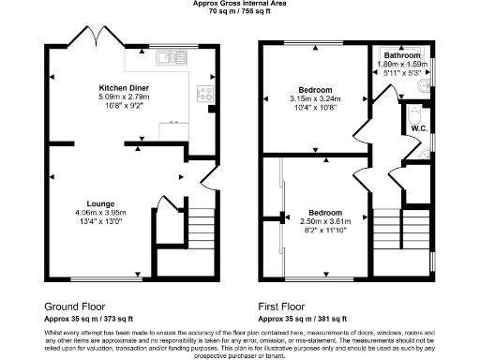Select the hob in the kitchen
pyautogui.click(x=202, y=93)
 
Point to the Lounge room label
pyautogui.click(x=100, y=202)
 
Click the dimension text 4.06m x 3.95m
pyautogui.click(x=101, y=212)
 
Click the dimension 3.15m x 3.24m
pyautogui.click(x=315, y=98)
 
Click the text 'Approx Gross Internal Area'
pyautogui.click(x=239, y=4)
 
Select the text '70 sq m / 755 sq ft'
pyautogui.click(x=239, y=12)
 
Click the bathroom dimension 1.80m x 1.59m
pyautogui.click(x=403, y=65)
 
